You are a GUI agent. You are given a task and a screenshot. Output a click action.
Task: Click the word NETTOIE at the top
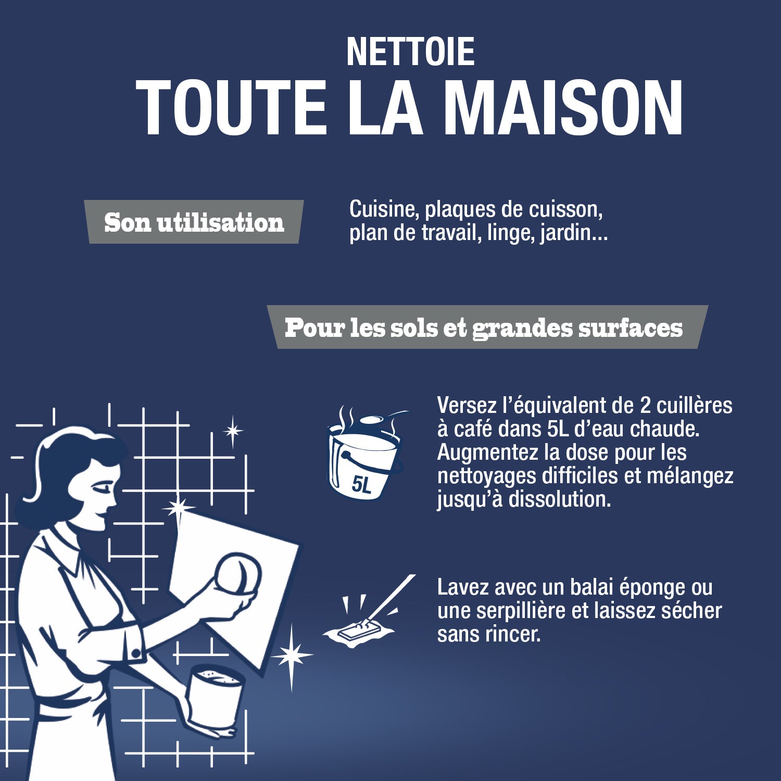click(410, 52)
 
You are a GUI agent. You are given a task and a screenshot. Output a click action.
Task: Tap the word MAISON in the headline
click(562, 108)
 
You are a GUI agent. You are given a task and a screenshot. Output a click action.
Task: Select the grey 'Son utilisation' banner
click(194, 222)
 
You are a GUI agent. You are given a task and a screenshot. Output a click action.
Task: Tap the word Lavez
click(462, 587)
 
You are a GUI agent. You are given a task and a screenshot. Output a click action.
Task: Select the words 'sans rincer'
click(488, 634)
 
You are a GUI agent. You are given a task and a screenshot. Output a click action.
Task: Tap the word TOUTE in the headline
click(231, 108)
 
